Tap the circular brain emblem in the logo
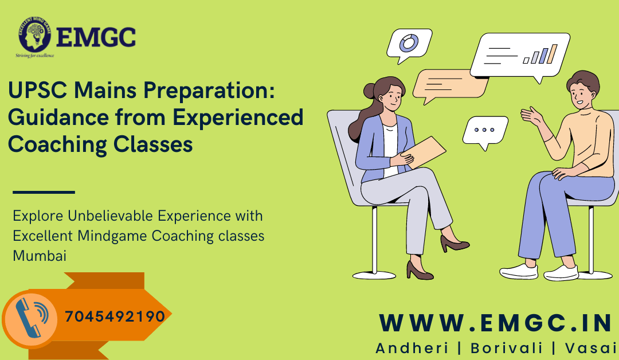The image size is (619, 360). pos(36,37)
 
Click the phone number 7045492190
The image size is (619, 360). pos(115,316)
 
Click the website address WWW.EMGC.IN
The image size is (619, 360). pos(496,323)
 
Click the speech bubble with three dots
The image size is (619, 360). pos(484,131)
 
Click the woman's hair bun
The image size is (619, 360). pos(368,91)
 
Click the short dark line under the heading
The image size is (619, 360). pos(44,192)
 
